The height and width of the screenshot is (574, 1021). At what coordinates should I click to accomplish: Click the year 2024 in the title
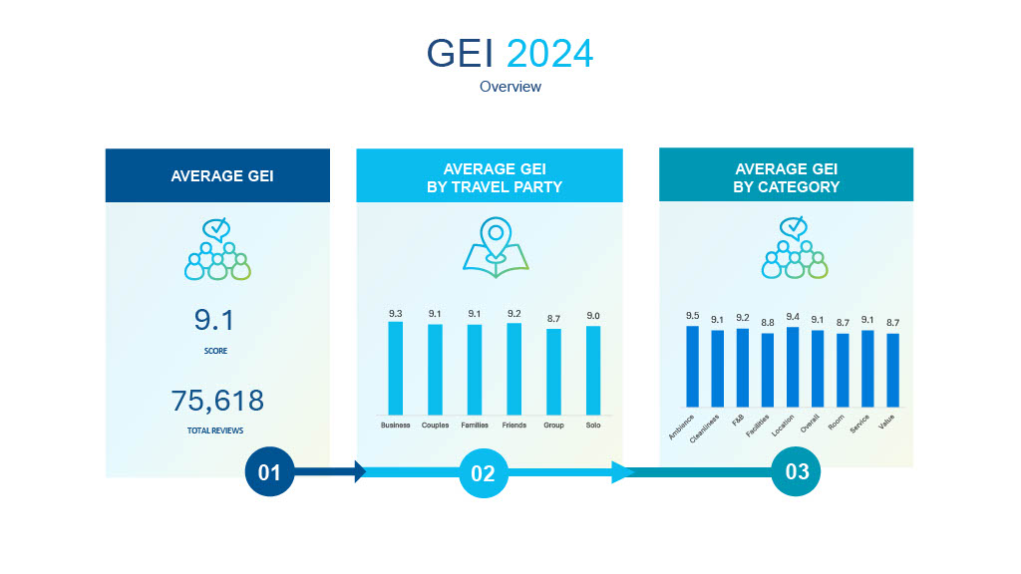coord(549,53)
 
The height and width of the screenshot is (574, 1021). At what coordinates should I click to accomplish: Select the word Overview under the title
coord(510,87)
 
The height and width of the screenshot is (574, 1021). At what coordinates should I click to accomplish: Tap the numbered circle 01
coord(270,472)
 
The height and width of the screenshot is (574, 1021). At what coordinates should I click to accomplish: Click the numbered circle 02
coord(483,473)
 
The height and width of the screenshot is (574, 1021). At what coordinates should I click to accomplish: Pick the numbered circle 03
coord(796,471)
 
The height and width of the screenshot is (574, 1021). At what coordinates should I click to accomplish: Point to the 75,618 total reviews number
coord(217,401)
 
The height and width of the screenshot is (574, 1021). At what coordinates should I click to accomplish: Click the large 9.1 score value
coord(216,321)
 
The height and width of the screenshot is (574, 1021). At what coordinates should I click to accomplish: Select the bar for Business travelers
coord(396,368)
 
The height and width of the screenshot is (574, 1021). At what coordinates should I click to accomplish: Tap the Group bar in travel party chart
coord(553,372)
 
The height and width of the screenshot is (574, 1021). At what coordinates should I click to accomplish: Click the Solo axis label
coord(593,426)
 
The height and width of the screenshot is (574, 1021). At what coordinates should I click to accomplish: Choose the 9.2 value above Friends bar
coord(514,314)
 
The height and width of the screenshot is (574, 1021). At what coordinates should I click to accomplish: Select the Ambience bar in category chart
coord(692,366)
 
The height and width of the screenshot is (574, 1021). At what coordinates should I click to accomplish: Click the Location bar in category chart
coord(793,367)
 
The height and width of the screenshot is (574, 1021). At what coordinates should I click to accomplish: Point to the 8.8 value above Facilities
coord(767,322)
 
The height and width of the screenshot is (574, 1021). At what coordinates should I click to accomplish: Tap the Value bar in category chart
coord(892,370)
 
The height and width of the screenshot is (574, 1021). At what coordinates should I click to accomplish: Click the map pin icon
coord(495,246)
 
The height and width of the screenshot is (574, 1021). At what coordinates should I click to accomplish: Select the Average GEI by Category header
coord(786,177)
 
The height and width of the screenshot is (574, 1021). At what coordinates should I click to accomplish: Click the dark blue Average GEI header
coord(217,175)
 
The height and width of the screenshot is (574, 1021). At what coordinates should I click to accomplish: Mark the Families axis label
coord(475,426)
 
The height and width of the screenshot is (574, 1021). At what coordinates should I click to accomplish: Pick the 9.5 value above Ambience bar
coord(692,316)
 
